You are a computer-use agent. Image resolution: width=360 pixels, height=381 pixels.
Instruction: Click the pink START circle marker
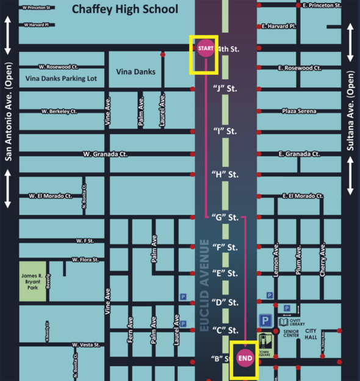click(206, 48)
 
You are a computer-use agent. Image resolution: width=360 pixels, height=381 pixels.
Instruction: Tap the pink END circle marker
click(245, 358)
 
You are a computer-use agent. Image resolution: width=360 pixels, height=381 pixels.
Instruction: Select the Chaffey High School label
click(124, 9)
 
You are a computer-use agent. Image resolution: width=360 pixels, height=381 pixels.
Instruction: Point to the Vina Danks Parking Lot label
click(62, 79)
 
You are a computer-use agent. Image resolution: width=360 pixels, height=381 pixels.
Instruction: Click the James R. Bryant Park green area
click(33, 280)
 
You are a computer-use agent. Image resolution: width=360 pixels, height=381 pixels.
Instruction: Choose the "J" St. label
click(225, 89)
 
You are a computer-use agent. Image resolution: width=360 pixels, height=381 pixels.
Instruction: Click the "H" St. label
click(225, 175)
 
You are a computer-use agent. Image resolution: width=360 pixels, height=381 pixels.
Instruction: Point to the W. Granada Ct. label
click(105, 154)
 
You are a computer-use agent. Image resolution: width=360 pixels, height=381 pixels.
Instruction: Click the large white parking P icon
click(265, 321)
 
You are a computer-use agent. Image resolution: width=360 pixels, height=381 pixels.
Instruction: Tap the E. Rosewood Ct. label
click(299, 68)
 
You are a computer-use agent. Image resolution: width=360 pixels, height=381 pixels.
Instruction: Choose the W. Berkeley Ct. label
click(59, 111)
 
